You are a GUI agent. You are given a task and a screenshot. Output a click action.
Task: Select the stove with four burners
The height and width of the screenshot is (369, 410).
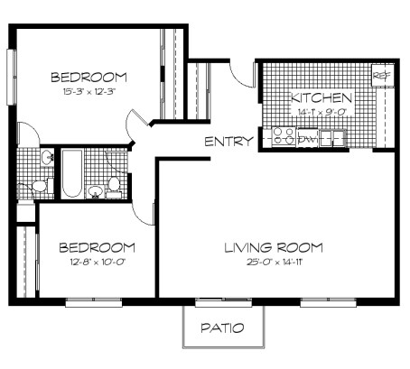click(x=283, y=137)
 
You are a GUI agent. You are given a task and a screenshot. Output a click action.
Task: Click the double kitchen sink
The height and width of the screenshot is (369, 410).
click(x=333, y=138)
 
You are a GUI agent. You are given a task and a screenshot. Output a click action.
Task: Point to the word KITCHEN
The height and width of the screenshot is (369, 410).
click(x=321, y=97)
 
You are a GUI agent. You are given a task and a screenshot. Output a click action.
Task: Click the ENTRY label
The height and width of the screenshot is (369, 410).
click(x=228, y=141)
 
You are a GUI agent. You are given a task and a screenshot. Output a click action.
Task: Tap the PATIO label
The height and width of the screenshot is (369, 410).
click(x=222, y=327)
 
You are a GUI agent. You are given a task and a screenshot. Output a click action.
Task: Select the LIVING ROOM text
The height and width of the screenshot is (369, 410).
click(x=274, y=246)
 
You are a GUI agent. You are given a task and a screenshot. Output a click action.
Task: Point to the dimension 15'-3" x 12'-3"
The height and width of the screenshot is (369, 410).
click(x=88, y=91)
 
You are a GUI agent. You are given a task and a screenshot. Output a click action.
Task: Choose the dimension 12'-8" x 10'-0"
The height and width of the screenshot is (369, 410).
click(x=97, y=262)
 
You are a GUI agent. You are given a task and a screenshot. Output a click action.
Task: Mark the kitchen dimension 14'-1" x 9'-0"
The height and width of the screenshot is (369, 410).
click(x=320, y=111)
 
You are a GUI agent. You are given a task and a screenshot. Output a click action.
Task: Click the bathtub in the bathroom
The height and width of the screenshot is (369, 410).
click(x=71, y=173)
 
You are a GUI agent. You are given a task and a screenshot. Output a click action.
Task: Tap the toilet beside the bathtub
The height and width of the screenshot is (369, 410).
click(x=114, y=187)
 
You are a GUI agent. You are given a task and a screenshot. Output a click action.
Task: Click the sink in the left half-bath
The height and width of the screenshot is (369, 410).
click(x=46, y=159)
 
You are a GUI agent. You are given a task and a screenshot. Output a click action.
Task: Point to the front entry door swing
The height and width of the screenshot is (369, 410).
click(x=240, y=76)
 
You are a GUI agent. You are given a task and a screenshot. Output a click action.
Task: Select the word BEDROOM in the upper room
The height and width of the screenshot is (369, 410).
click(x=88, y=77)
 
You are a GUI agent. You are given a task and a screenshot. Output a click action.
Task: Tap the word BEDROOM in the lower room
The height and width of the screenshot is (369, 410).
click(x=97, y=246)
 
